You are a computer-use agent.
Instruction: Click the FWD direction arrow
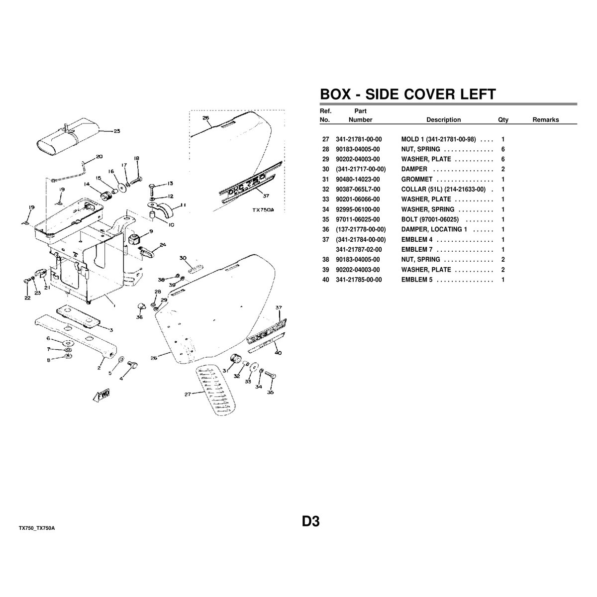tap(101, 396)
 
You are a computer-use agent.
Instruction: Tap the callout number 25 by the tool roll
tap(116, 131)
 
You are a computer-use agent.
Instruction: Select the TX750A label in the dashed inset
tap(263, 210)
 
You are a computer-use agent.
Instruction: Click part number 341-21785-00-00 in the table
tap(359, 280)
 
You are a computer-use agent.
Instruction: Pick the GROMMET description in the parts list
tap(417, 180)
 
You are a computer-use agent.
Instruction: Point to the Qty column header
tap(503, 120)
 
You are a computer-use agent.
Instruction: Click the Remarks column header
tap(546, 120)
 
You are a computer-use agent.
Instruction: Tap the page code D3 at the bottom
tap(311, 521)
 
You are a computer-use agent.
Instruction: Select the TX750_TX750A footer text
tap(37, 528)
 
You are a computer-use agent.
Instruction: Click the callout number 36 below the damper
tap(139, 317)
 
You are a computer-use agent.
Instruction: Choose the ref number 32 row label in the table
tap(325, 189)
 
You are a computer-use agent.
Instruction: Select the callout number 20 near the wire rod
tap(99, 156)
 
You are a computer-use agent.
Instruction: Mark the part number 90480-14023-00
tap(358, 180)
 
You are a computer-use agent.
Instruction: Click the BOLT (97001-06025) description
tap(430, 220)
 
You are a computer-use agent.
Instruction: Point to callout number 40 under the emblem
tap(278, 353)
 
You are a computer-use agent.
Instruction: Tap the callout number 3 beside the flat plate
tap(111, 330)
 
